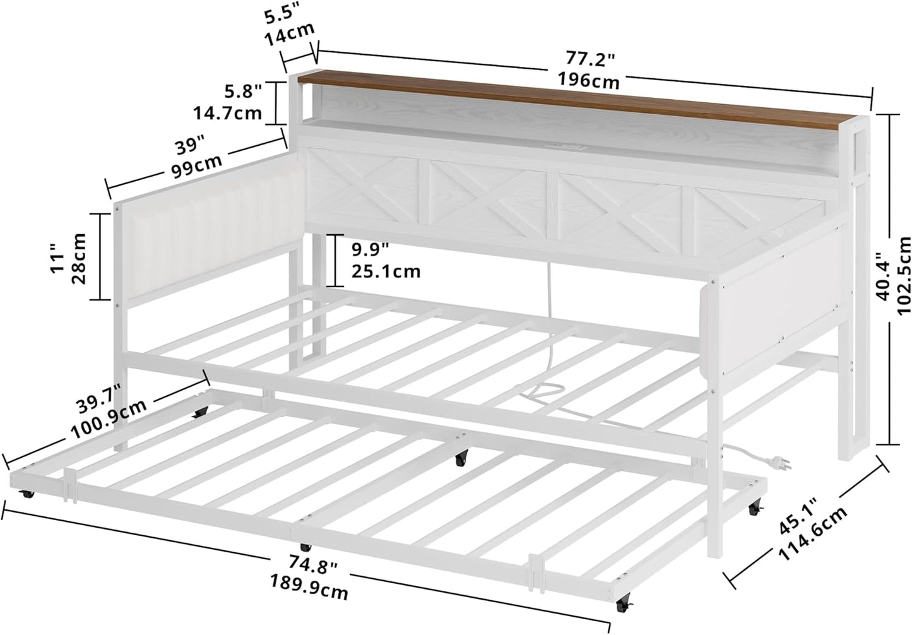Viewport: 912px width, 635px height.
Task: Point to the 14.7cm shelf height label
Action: pyautogui.click(x=227, y=114)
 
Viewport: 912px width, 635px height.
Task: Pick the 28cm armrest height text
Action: pyautogui.click(x=79, y=258)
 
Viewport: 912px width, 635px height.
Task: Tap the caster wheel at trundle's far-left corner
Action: pyautogui.click(x=28, y=494)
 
